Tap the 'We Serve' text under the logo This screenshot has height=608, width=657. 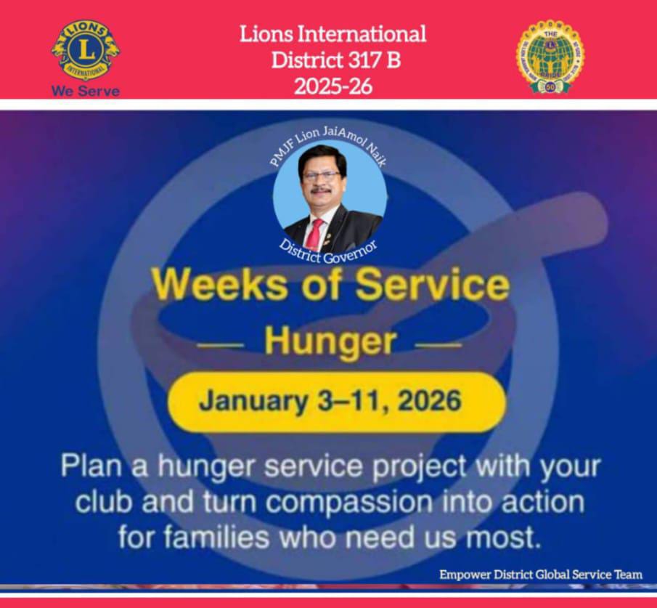coord(86,92)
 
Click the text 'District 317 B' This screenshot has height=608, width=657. coord(335,60)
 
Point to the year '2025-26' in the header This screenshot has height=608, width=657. coord(333,86)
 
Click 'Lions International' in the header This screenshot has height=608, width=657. coord(333,33)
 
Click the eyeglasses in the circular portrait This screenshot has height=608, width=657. coord(321,176)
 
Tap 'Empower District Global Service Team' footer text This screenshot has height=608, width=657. coord(541,575)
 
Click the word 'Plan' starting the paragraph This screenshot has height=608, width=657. coord(91,466)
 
